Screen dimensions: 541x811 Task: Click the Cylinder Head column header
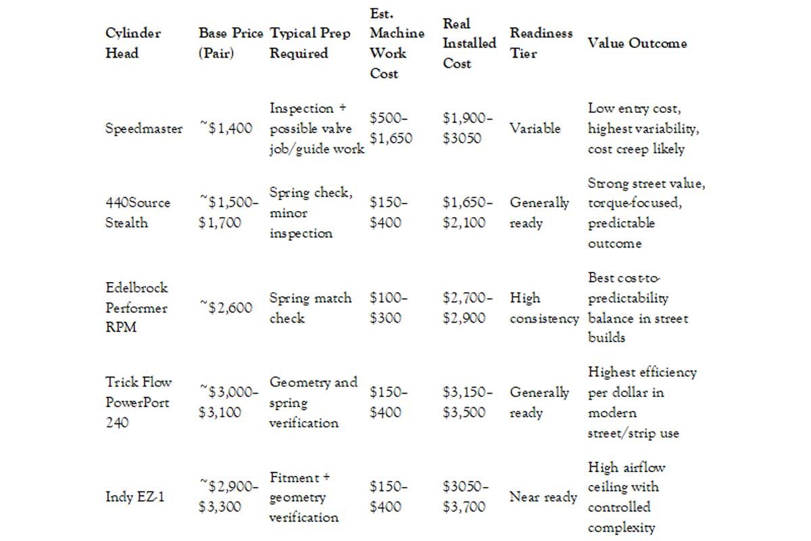(x=133, y=43)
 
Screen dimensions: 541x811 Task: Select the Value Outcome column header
(x=637, y=43)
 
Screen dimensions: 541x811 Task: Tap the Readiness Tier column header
(x=541, y=43)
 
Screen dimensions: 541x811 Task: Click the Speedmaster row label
(x=144, y=128)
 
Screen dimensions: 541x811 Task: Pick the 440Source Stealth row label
(x=138, y=213)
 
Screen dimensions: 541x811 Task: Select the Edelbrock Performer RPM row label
(x=137, y=308)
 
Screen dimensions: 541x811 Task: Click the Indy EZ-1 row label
(x=135, y=497)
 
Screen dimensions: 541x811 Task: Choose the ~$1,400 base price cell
(x=226, y=128)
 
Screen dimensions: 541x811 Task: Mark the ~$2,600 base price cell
(x=226, y=308)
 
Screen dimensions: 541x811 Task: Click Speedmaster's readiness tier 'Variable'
(x=535, y=128)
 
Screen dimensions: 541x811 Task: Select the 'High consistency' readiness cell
(x=544, y=308)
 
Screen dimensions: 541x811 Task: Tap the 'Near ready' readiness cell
(x=543, y=497)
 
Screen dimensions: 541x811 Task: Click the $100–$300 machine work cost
(x=389, y=308)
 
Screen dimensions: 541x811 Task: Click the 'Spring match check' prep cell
(x=310, y=308)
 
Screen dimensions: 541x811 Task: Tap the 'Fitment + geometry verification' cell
(x=303, y=497)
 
